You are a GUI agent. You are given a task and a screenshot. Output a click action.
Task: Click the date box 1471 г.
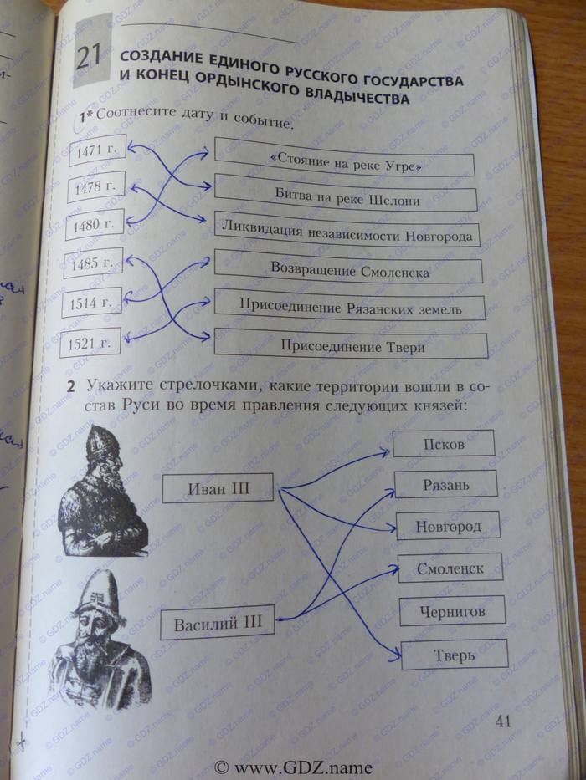coord(95,151)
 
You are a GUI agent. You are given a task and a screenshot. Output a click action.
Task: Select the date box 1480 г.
coord(95,225)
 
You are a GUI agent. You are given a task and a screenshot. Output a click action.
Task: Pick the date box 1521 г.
coord(91,343)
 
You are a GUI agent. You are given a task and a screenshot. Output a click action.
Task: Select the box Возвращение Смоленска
coord(349,271)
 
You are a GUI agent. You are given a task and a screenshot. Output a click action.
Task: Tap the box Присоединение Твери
coord(352,345)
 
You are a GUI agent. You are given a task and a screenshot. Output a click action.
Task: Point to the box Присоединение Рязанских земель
coord(350,308)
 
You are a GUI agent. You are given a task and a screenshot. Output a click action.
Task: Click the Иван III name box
coord(218,487)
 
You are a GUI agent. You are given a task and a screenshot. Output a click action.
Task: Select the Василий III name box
coord(218,623)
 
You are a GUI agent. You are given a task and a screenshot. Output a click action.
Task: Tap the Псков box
coord(444,443)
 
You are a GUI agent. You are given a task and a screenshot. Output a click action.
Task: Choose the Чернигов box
coord(452,611)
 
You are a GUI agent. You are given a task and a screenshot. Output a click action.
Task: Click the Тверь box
coord(455,655)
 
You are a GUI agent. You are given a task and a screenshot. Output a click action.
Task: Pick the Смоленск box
coord(450,568)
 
